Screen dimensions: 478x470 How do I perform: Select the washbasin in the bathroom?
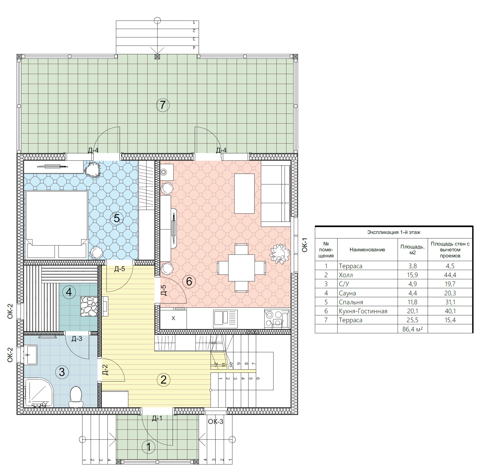[31, 355]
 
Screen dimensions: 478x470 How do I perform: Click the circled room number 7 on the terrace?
[163, 105]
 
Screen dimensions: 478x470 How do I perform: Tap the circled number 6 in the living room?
[189, 282]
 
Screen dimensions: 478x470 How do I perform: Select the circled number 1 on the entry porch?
[149, 447]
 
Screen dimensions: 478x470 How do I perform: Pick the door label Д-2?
[105, 370]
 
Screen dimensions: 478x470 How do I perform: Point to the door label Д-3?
[77, 339]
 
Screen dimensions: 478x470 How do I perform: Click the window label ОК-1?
[305, 245]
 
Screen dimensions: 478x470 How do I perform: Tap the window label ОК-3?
[216, 422]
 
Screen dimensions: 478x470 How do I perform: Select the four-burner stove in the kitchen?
[277, 319]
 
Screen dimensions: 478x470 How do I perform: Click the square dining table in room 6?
[241, 268]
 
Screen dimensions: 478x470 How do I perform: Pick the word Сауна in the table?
[347, 293]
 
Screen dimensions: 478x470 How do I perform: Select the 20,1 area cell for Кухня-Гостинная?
[412, 311]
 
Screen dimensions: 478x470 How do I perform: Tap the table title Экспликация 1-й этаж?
[394, 232]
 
